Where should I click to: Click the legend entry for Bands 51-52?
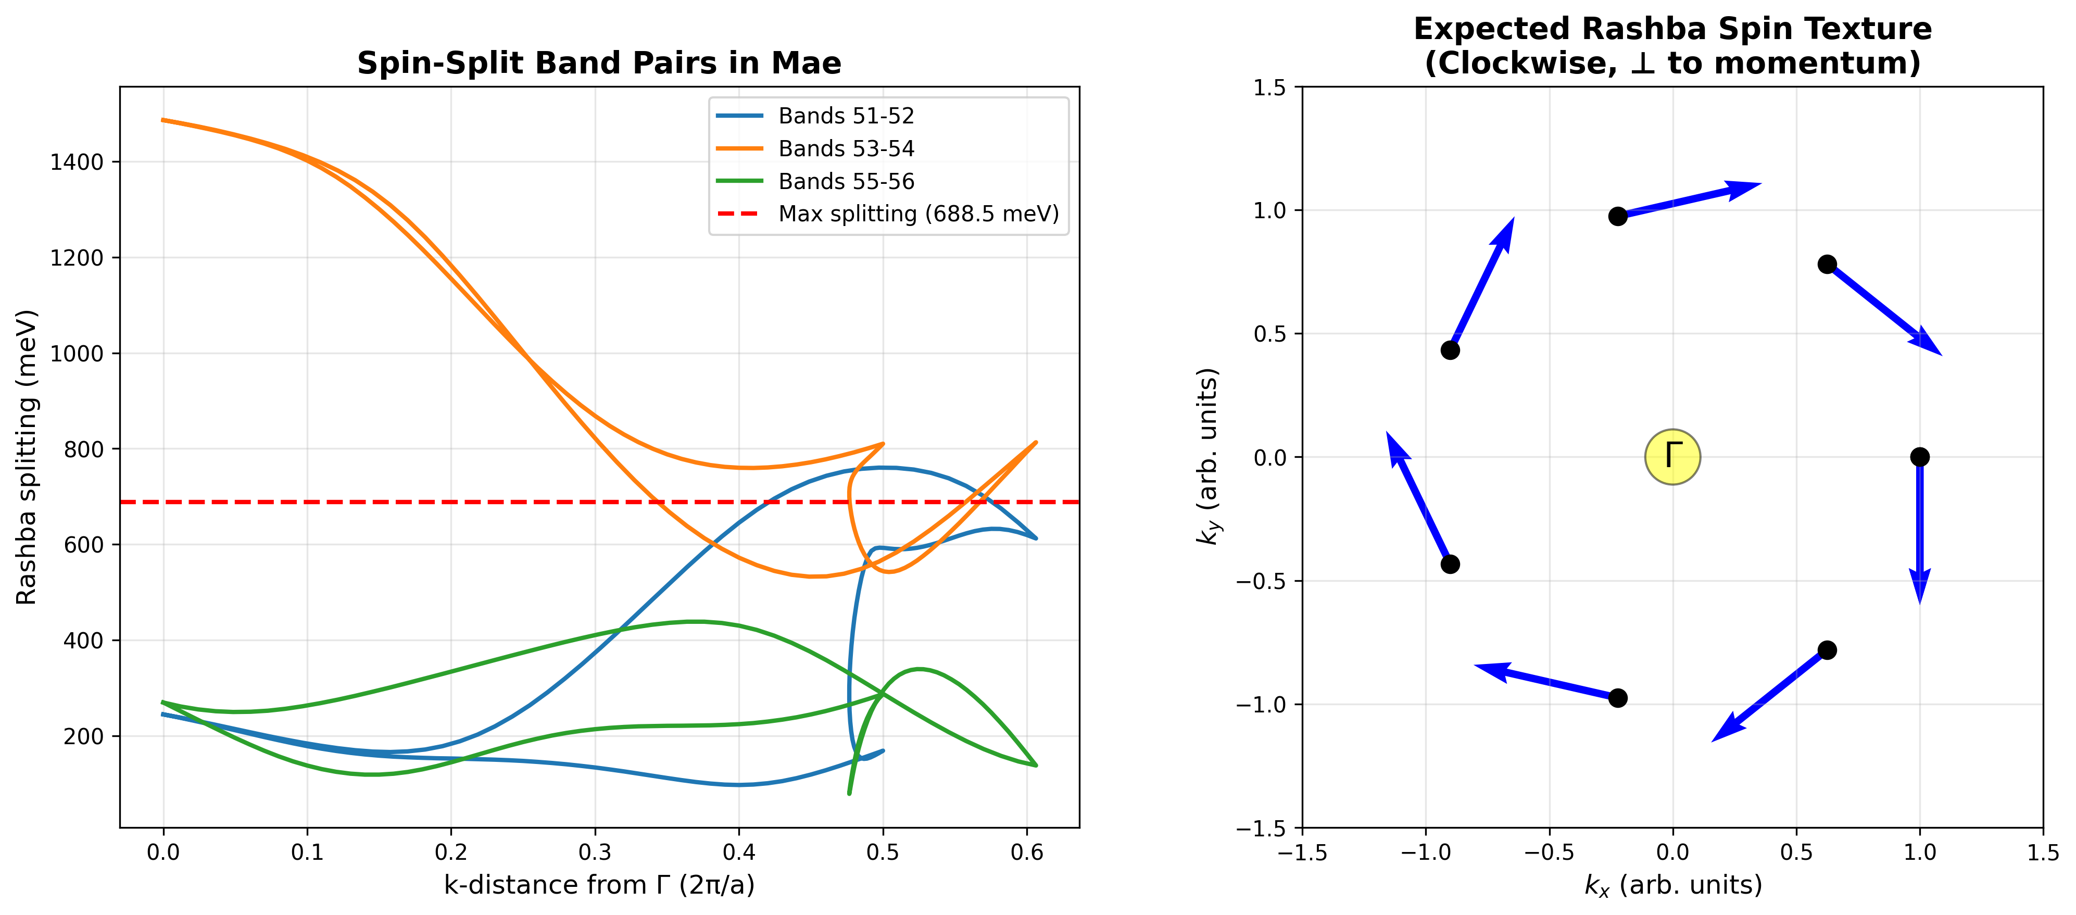click(846, 116)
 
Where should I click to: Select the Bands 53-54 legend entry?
click(846, 149)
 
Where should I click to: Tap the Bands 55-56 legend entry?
click(846, 181)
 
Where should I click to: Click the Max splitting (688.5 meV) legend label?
click(918, 214)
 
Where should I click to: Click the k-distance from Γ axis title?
click(599, 885)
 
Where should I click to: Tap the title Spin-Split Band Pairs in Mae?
click(599, 63)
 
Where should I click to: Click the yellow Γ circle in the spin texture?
click(1672, 457)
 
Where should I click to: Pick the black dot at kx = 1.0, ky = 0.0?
click(1920, 457)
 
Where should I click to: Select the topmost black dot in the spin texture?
click(1617, 216)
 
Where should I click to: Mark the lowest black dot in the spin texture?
click(1617, 698)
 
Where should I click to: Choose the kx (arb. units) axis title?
click(1672, 885)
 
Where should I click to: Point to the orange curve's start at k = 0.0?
click(163, 120)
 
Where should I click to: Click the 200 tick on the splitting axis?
click(83, 736)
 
